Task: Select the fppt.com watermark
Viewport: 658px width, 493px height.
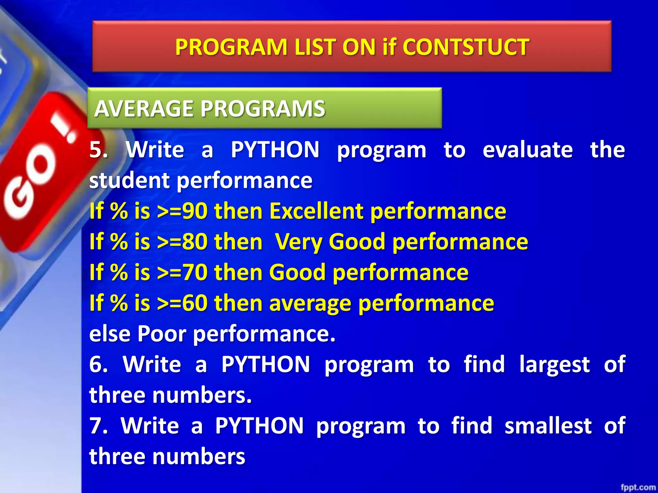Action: point(638,487)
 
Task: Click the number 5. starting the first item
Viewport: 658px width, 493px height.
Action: point(98,150)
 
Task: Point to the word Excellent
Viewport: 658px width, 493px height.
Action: point(316,211)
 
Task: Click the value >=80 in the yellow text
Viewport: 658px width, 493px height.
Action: point(182,242)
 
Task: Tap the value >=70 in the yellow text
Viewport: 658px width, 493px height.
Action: point(182,272)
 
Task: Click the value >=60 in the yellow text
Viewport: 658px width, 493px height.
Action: point(182,303)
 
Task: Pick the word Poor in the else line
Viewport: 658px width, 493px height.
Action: point(162,334)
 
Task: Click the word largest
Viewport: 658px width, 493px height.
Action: point(554,365)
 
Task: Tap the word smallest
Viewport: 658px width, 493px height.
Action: point(548,426)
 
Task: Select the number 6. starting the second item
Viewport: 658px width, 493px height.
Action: point(98,365)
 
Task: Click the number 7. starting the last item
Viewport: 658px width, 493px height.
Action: point(98,426)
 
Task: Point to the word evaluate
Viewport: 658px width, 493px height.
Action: point(528,150)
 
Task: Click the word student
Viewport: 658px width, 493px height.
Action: point(129,180)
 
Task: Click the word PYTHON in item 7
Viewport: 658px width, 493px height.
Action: point(259,426)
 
